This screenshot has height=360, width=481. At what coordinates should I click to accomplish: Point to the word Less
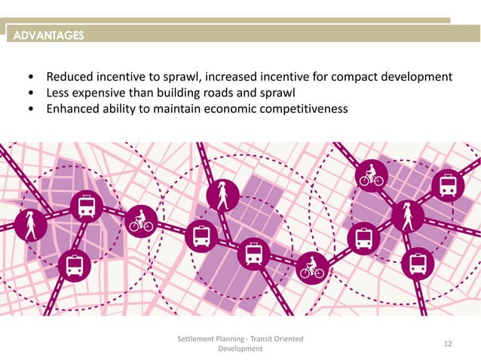pyautogui.click(x=59, y=93)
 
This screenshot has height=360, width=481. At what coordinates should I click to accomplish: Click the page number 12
pyautogui.click(x=448, y=343)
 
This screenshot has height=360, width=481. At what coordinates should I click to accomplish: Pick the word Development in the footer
pyautogui.click(x=240, y=349)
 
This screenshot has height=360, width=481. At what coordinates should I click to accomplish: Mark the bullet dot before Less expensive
pyautogui.click(x=30, y=93)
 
